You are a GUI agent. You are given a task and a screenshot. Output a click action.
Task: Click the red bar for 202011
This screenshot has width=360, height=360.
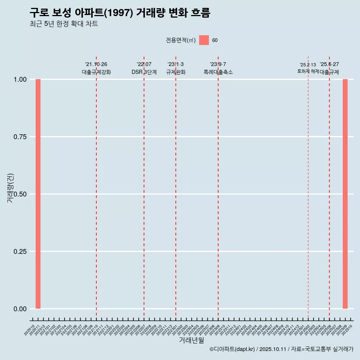[38, 194]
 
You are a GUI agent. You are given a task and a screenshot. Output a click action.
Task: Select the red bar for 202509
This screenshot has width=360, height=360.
[345, 194]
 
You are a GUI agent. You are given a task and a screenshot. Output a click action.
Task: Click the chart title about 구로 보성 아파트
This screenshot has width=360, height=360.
[120, 13]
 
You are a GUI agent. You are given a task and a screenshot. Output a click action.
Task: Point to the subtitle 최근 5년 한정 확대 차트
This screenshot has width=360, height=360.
[64, 24]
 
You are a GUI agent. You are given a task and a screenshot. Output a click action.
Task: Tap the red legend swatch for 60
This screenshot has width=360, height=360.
[204, 40]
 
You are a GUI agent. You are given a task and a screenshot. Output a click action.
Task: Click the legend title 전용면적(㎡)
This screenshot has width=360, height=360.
[180, 40]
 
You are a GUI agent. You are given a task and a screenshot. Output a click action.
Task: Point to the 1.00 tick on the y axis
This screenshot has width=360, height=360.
[19, 79]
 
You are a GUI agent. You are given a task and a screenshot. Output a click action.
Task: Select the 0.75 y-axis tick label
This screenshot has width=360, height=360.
[19, 137]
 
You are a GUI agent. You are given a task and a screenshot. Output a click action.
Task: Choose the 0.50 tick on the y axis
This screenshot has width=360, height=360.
[19, 194]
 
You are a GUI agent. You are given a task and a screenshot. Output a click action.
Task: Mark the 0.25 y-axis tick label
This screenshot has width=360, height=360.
[19, 252]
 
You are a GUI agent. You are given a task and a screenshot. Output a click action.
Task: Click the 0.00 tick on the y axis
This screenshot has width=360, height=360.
[19, 309]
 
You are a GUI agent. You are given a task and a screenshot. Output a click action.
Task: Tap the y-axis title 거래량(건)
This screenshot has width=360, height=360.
[10, 188]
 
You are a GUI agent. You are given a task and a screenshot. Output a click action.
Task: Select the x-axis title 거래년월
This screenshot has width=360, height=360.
[191, 340]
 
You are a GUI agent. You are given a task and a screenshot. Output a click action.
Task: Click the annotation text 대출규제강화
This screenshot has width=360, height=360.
[96, 72]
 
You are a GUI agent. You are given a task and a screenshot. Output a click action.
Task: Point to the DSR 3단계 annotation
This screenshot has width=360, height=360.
[144, 72]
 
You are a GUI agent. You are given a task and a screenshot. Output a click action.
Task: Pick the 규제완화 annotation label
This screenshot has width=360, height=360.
[176, 72]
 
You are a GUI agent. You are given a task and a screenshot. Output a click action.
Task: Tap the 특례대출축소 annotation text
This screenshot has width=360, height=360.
[218, 72]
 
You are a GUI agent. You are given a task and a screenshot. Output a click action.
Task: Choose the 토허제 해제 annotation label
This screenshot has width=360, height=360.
[308, 71]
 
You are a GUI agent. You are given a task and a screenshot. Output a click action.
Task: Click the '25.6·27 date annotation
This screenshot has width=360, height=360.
[329, 64]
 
